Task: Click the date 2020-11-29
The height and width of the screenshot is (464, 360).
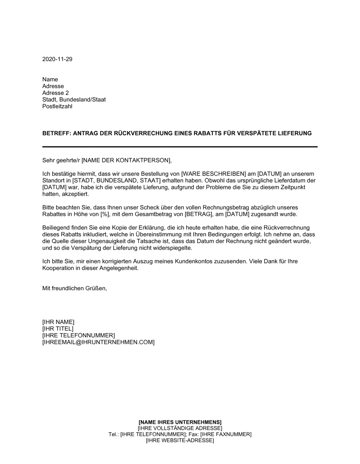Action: [x=57, y=59]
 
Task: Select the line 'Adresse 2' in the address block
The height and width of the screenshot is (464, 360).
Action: [x=55, y=93]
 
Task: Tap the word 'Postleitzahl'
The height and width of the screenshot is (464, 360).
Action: [x=57, y=106]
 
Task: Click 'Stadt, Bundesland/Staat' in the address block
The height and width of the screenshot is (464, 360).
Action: [x=74, y=100]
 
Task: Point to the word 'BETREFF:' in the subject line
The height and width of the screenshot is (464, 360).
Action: [x=57, y=133]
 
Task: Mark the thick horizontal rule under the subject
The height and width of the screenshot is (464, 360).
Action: [x=180, y=147]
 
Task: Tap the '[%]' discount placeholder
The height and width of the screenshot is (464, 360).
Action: [x=104, y=214]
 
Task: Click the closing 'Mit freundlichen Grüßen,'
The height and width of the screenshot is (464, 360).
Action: [x=75, y=288]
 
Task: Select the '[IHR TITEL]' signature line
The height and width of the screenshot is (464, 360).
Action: [x=58, y=329]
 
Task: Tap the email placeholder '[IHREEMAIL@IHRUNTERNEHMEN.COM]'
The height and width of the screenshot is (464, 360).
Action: [x=98, y=342]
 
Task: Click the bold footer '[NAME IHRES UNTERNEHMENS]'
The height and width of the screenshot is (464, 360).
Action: [x=180, y=422]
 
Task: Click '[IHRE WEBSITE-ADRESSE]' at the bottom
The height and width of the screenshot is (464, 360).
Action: [x=180, y=441]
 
